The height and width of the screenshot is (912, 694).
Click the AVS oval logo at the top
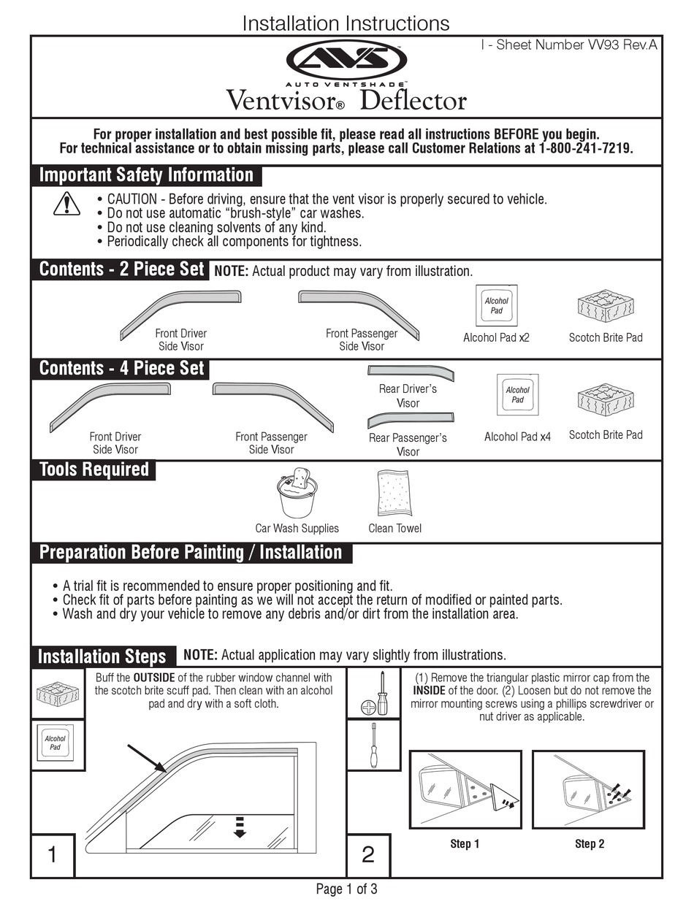coord(346,60)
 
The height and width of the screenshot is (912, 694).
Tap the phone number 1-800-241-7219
coord(585,148)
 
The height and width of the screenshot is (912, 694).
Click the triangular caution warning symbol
coord(66,204)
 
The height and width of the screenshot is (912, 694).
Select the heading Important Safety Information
coord(146,175)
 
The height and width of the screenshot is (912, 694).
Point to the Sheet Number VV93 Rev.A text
coord(569,45)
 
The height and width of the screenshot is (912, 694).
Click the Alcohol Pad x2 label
coord(496,338)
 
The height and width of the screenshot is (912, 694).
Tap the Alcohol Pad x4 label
coord(517,437)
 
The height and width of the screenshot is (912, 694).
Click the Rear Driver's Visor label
coord(408,396)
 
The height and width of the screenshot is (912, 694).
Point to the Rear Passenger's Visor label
coord(408,445)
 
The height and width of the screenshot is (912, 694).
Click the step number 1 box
coord(53,854)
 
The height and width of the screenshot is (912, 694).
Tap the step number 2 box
coord(368,854)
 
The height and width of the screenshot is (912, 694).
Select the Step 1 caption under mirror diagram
coord(465,844)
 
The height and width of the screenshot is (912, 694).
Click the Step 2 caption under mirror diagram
coord(590,844)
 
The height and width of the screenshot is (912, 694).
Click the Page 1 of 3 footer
coord(346,889)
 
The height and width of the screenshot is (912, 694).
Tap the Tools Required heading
coord(94,470)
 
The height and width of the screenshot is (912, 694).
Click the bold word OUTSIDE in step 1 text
coord(156,678)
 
